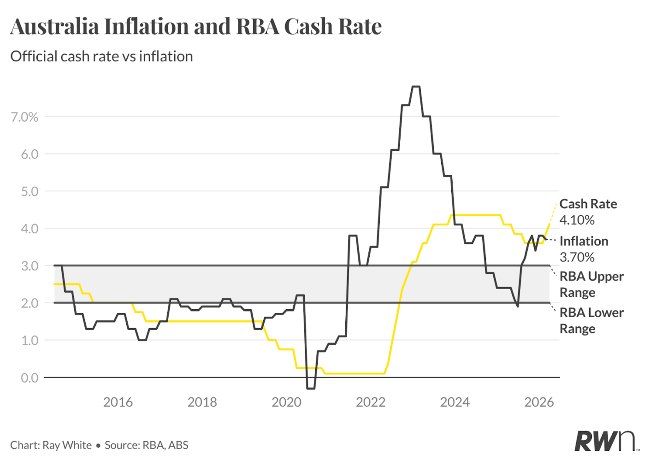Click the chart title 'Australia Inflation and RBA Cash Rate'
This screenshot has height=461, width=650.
pyautogui.click(x=196, y=27)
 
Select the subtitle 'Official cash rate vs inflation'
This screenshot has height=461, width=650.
pyautogui.click(x=101, y=56)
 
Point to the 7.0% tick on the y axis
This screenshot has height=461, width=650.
pyautogui.click(x=25, y=117)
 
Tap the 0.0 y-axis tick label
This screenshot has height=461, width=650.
pyautogui.click(x=30, y=378)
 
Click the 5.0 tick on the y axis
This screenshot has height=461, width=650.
pyautogui.click(x=30, y=191)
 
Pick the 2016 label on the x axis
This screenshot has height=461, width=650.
pyautogui.click(x=118, y=402)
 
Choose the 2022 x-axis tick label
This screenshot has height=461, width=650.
pyautogui.click(x=371, y=402)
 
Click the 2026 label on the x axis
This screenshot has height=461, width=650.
pyautogui.click(x=539, y=402)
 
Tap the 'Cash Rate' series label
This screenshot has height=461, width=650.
pyautogui.click(x=588, y=204)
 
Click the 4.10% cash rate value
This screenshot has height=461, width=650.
pyautogui.click(x=577, y=220)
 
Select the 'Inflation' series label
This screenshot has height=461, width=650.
pyautogui.click(x=584, y=241)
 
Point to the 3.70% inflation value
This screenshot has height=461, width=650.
pyautogui.click(x=577, y=257)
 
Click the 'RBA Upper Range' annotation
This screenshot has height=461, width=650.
pyautogui.click(x=591, y=284)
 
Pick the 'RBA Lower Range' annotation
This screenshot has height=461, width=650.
pyautogui.click(x=591, y=320)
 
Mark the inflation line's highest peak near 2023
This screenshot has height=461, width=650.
pyautogui.click(x=416, y=87)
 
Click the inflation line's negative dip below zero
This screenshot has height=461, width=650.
pyautogui.click(x=311, y=388)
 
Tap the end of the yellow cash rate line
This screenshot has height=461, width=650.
pyautogui.click(x=550, y=224)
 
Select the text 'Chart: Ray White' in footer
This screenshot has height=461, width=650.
pyautogui.click(x=51, y=445)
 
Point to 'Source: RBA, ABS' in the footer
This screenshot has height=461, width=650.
pyautogui.click(x=147, y=445)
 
